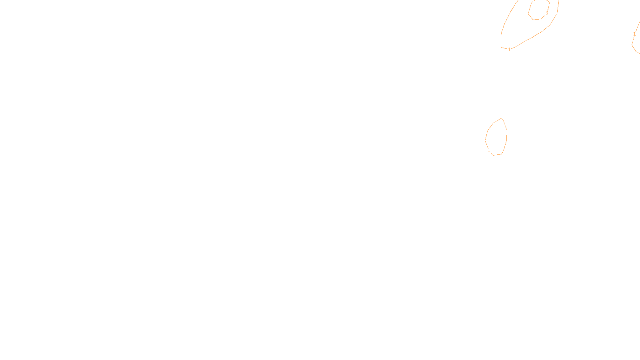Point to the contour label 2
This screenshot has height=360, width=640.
(x=547, y=14)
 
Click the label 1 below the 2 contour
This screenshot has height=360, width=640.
(x=509, y=50)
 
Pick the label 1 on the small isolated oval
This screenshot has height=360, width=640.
(x=489, y=150)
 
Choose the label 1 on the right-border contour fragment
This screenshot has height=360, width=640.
(x=634, y=34)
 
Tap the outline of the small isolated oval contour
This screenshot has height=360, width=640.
(x=507, y=132)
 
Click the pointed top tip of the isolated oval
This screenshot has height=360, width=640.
(x=502, y=118)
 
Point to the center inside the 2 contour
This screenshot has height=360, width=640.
(x=538, y=9)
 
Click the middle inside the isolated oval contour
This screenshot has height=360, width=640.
(x=496, y=137)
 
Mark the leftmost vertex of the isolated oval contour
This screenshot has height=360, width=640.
(x=485, y=140)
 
